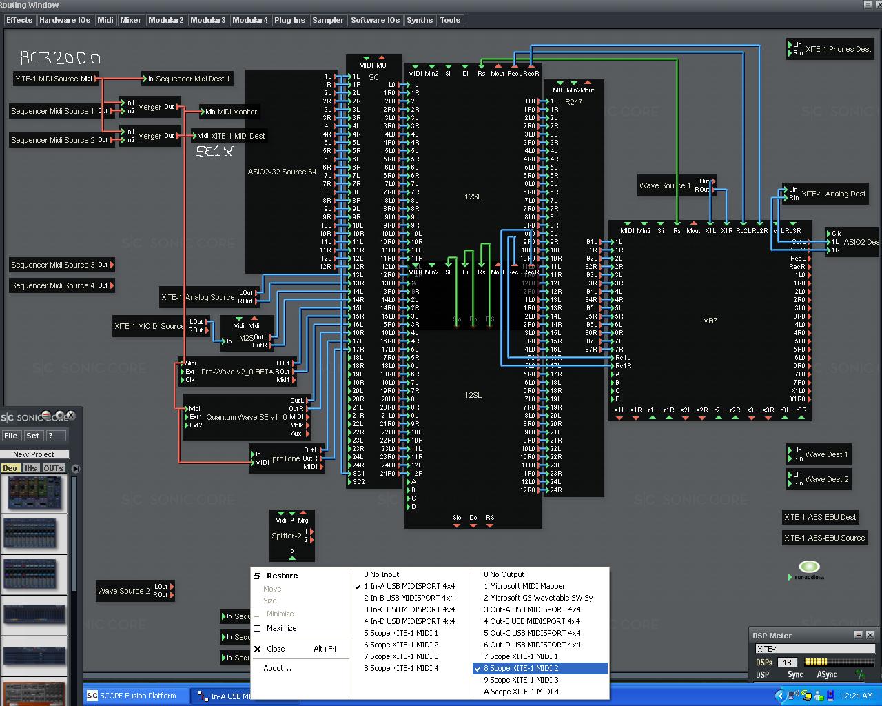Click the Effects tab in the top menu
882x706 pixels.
click(19, 20)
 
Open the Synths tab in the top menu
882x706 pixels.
click(420, 20)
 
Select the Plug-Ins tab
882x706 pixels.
click(289, 20)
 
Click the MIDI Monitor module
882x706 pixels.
click(231, 112)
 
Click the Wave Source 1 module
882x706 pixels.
click(665, 185)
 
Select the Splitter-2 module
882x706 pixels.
click(286, 536)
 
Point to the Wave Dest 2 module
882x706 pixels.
click(826, 479)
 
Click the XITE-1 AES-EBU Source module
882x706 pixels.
click(824, 538)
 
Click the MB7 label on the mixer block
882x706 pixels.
click(710, 321)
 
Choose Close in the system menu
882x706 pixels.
click(276, 649)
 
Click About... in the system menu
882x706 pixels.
click(277, 668)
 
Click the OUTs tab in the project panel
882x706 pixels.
click(53, 468)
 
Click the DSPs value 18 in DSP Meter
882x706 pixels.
click(787, 663)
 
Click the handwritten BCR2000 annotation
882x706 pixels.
click(60, 58)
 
